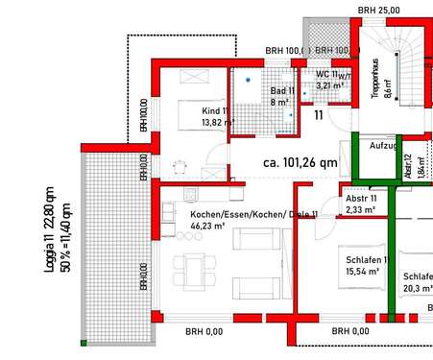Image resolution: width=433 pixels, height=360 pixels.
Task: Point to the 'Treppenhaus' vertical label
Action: coord(388,77)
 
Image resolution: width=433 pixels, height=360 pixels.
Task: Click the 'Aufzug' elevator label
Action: coord(384,145)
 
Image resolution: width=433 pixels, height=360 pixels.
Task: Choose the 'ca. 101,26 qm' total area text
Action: coord(300,162)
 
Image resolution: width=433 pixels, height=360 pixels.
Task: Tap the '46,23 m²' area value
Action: coord(207,228)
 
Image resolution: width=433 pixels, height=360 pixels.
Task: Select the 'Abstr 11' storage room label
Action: coord(367,199)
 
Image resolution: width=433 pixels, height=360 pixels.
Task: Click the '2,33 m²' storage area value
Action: coord(360,210)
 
